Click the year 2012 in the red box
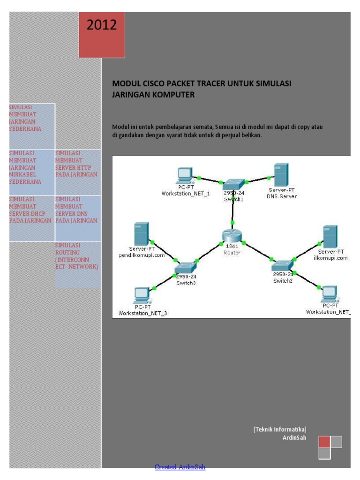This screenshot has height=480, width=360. tap(102, 25)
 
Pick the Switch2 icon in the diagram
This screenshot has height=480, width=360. tap(283, 265)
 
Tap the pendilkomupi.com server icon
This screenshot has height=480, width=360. tap(141, 233)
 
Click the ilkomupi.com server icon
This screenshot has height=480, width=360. tap(330, 237)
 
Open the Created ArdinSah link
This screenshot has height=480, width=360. tap(180, 467)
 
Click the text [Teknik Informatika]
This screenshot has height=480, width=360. tap(280, 429)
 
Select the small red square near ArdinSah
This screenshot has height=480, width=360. tap(324, 442)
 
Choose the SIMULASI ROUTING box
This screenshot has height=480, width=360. tap(77, 256)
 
